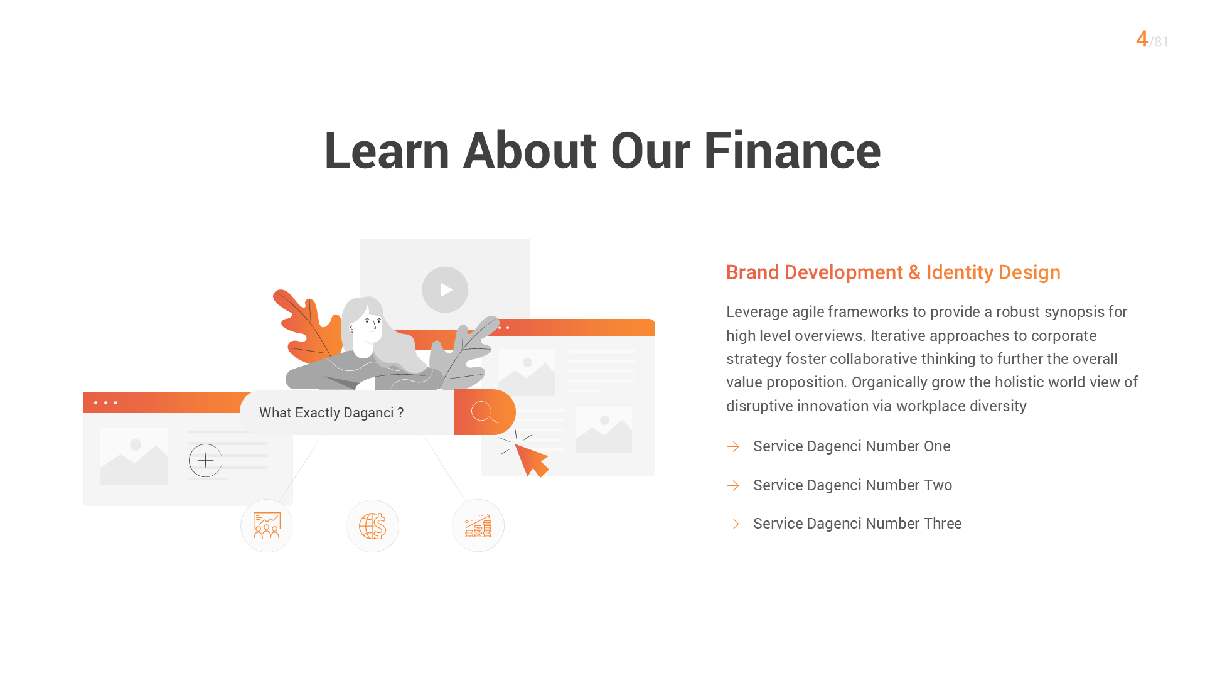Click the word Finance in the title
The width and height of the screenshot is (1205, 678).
(792, 151)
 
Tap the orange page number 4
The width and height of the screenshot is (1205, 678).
(1142, 40)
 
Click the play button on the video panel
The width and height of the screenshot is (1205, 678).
(445, 290)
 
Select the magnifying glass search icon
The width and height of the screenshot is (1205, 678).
(485, 412)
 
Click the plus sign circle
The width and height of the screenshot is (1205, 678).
(205, 461)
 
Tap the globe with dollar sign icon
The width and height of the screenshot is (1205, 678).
(373, 526)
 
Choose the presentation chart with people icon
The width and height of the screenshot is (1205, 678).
(267, 526)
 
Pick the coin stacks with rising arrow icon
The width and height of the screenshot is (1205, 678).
(478, 526)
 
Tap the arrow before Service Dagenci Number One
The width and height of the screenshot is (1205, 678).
(733, 446)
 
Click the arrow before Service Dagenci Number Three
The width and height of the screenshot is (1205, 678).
(733, 524)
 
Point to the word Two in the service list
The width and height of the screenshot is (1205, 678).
(938, 485)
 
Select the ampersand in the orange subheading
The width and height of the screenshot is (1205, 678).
(914, 272)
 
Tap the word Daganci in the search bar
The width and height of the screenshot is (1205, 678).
(368, 413)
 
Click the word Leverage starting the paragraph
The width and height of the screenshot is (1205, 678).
(756, 312)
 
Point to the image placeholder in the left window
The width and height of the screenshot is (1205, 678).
(134, 456)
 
